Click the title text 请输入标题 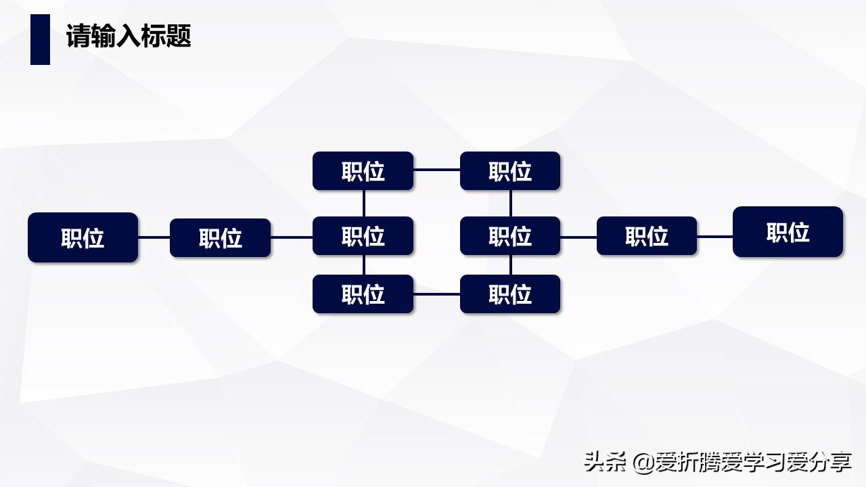tap(129, 36)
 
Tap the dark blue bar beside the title tap(40, 39)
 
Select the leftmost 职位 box tap(83, 237)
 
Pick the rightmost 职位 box tap(788, 232)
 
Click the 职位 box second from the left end tap(220, 237)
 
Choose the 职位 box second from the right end tap(646, 236)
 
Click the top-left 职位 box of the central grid tap(363, 171)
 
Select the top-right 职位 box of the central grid tap(510, 171)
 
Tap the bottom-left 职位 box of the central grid tap(363, 294)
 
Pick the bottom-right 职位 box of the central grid tap(510, 294)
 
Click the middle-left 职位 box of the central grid tap(363, 236)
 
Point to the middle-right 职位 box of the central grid tap(510, 236)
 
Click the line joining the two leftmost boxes tap(154, 237)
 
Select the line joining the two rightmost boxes tap(714, 237)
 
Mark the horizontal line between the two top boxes tap(436, 170)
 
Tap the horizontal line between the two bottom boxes tap(436, 295)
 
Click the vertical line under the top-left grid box tap(364, 203)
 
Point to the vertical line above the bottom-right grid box tap(511, 264)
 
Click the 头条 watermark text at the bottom tap(606, 462)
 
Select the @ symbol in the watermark tap(644, 463)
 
